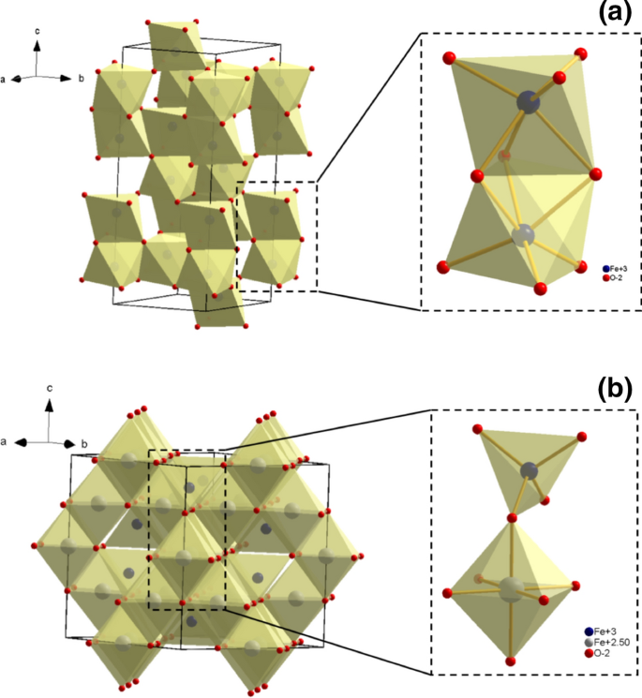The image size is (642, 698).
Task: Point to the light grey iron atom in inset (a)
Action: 527,232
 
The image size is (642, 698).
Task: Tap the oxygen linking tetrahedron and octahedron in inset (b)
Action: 513,518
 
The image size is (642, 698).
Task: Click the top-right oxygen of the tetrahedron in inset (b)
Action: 582,437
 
